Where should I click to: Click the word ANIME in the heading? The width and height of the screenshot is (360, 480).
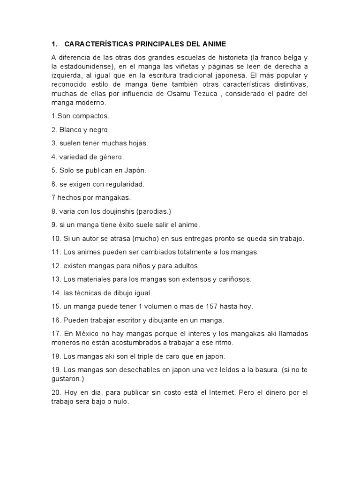(x=213, y=44)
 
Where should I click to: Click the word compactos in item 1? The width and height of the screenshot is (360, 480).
(x=92, y=116)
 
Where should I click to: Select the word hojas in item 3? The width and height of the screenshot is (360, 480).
(x=137, y=143)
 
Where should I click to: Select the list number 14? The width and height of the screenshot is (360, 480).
(x=56, y=293)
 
